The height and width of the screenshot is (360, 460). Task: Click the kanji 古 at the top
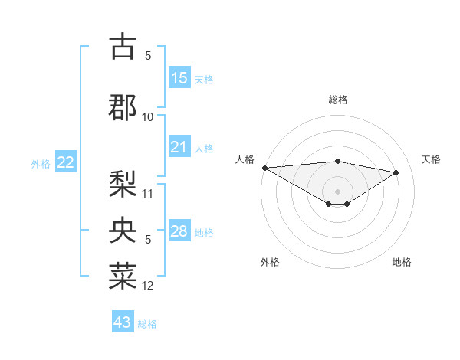coord(123,47)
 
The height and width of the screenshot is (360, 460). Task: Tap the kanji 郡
coord(123,106)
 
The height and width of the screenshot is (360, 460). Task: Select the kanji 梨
coord(123,184)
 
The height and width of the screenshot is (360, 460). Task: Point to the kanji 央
coord(123,230)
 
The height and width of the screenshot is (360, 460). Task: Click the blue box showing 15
coord(179,78)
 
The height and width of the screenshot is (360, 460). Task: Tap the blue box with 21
coord(179,147)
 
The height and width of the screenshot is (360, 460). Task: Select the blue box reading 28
coord(179,231)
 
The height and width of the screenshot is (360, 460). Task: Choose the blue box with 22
coord(66,162)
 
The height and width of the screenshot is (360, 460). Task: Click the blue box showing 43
coord(123,322)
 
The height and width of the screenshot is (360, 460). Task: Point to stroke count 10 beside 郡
coord(148,117)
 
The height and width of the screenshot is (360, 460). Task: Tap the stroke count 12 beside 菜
coord(148,286)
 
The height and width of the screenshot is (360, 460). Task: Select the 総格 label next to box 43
coord(147,324)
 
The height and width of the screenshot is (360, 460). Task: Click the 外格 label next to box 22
coord(41,164)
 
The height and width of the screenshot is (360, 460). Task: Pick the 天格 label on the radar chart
coord(432,159)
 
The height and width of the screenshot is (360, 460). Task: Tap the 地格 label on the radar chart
coord(402,262)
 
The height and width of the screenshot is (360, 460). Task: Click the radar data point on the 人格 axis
coord(264,168)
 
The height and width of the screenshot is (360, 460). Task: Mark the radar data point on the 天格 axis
coord(396,172)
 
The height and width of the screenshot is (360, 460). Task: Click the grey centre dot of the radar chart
coord(337,190)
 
